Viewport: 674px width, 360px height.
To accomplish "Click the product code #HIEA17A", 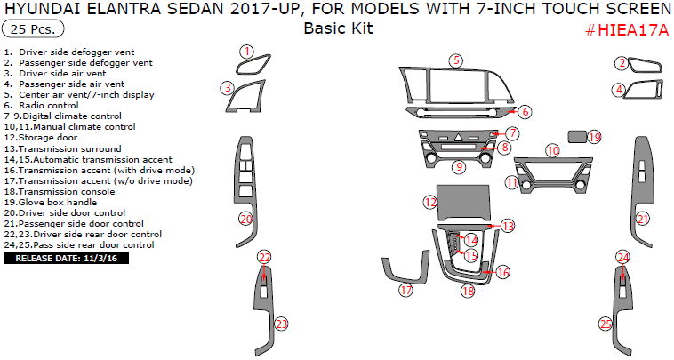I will [x=626, y=30].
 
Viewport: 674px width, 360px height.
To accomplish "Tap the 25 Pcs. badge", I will [x=33, y=29].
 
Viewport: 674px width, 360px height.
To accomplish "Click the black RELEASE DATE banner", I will [x=67, y=259].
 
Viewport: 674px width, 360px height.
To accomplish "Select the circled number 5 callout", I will [x=455, y=60].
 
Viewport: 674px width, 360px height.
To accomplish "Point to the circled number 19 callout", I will [x=594, y=137].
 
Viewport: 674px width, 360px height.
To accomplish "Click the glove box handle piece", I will [x=576, y=136].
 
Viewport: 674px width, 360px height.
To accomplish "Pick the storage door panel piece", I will [x=463, y=200].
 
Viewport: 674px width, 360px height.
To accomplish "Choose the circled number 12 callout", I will [x=429, y=203].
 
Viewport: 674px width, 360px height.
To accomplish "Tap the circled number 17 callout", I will [x=406, y=290].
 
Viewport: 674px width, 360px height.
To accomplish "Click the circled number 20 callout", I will [x=246, y=218].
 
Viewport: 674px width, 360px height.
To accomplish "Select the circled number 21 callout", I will [x=642, y=219].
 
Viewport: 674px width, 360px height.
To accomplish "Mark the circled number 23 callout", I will [x=281, y=324].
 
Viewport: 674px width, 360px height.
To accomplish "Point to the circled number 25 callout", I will [x=606, y=325].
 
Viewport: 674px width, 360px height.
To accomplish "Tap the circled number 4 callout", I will [x=618, y=89].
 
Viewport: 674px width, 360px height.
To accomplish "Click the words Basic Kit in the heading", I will [x=338, y=28].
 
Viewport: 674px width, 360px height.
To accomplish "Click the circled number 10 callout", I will [x=552, y=151].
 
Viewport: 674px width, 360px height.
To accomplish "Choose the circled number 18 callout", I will [x=468, y=291].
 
